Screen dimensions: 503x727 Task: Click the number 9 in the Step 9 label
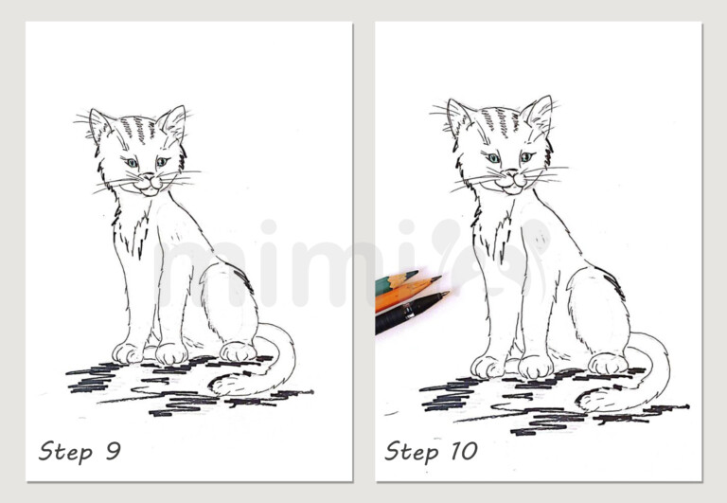click(112, 451)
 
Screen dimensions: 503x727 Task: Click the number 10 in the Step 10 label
click(461, 451)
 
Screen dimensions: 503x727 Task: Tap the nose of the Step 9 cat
click(147, 178)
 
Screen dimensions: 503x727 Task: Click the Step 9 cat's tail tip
click(216, 386)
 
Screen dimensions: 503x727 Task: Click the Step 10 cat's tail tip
click(581, 402)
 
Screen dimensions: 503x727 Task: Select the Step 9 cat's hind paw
click(238, 351)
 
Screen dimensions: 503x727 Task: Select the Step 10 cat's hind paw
click(607, 363)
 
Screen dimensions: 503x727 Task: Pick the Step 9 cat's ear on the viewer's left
click(99, 124)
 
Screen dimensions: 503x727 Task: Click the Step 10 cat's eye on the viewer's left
click(493, 157)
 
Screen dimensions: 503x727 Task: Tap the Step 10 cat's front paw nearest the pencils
click(487, 366)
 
